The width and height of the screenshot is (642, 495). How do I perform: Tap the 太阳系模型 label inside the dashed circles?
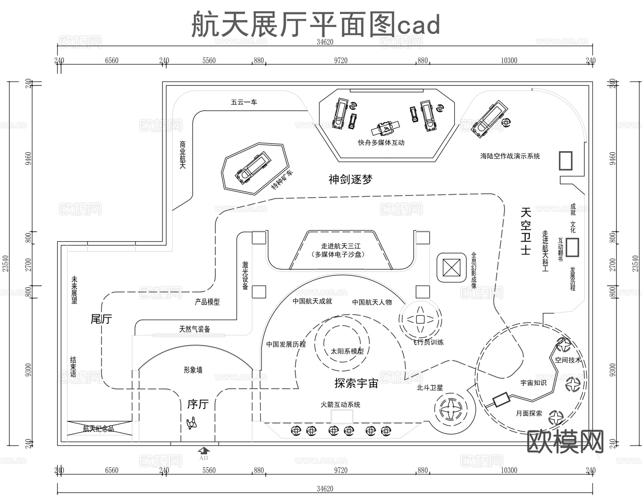(x=347, y=351)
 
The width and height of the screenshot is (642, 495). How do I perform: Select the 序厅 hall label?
(x=198, y=404)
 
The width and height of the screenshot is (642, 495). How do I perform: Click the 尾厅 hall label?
(x=101, y=319)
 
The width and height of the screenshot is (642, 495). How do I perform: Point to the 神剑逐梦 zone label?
(x=350, y=179)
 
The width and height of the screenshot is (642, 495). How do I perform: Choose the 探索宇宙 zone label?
(x=356, y=383)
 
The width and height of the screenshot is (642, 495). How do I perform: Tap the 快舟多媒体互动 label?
(x=381, y=143)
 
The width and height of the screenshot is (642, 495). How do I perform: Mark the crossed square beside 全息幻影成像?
(x=451, y=267)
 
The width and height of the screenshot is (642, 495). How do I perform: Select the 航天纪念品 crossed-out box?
(x=99, y=428)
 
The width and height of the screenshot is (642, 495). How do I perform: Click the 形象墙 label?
(x=193, y=370)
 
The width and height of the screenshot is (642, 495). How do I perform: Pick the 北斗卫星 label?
(x=430, y=388)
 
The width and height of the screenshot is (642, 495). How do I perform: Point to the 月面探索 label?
(x=529, y=413)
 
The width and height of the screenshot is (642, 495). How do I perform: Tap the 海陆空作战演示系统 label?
(x=510, y=156)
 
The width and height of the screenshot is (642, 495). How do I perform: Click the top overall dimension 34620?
(x=325, y=42)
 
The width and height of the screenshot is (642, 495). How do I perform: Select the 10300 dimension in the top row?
(x=509, y=61)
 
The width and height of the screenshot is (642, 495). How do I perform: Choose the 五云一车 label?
(x=244, y=102)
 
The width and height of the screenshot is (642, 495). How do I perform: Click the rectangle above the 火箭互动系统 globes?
(x=342, y=416)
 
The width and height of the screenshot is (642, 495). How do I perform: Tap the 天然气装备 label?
(x=194, y=329)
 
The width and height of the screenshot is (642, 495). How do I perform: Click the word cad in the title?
(x=419, y=25)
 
